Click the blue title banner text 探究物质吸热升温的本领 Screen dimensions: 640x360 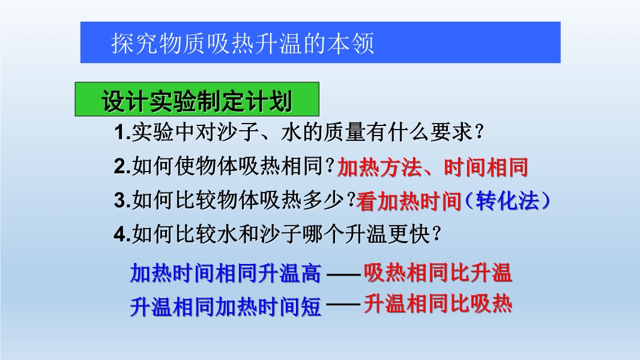(243, 43)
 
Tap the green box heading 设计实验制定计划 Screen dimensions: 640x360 (197, 101)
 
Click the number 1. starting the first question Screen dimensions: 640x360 (122, 132)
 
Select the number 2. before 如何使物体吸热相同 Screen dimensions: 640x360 (122, 166)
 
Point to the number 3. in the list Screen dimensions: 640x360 (122, 200)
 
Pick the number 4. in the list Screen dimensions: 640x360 (122, 234)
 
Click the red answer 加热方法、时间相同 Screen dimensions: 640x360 (433, 167)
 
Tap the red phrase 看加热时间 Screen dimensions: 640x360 (409, 202)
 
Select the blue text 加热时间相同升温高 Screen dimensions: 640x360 (226, 273)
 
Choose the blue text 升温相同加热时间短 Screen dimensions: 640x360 (226, 307)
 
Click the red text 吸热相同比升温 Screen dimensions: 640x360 (438, 273)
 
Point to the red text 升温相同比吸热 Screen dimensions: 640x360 (438, 304)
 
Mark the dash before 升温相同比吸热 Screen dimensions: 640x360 (343, 305)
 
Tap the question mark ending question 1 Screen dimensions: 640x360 (480, 131)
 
